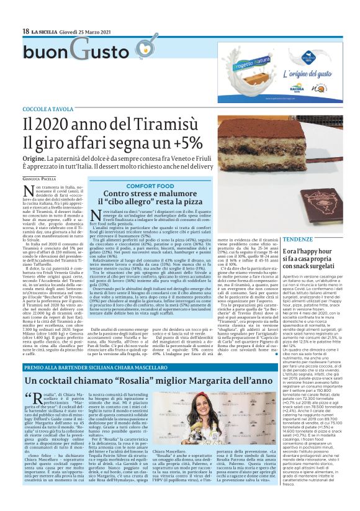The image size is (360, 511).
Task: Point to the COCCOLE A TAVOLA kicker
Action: [48, 109]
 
